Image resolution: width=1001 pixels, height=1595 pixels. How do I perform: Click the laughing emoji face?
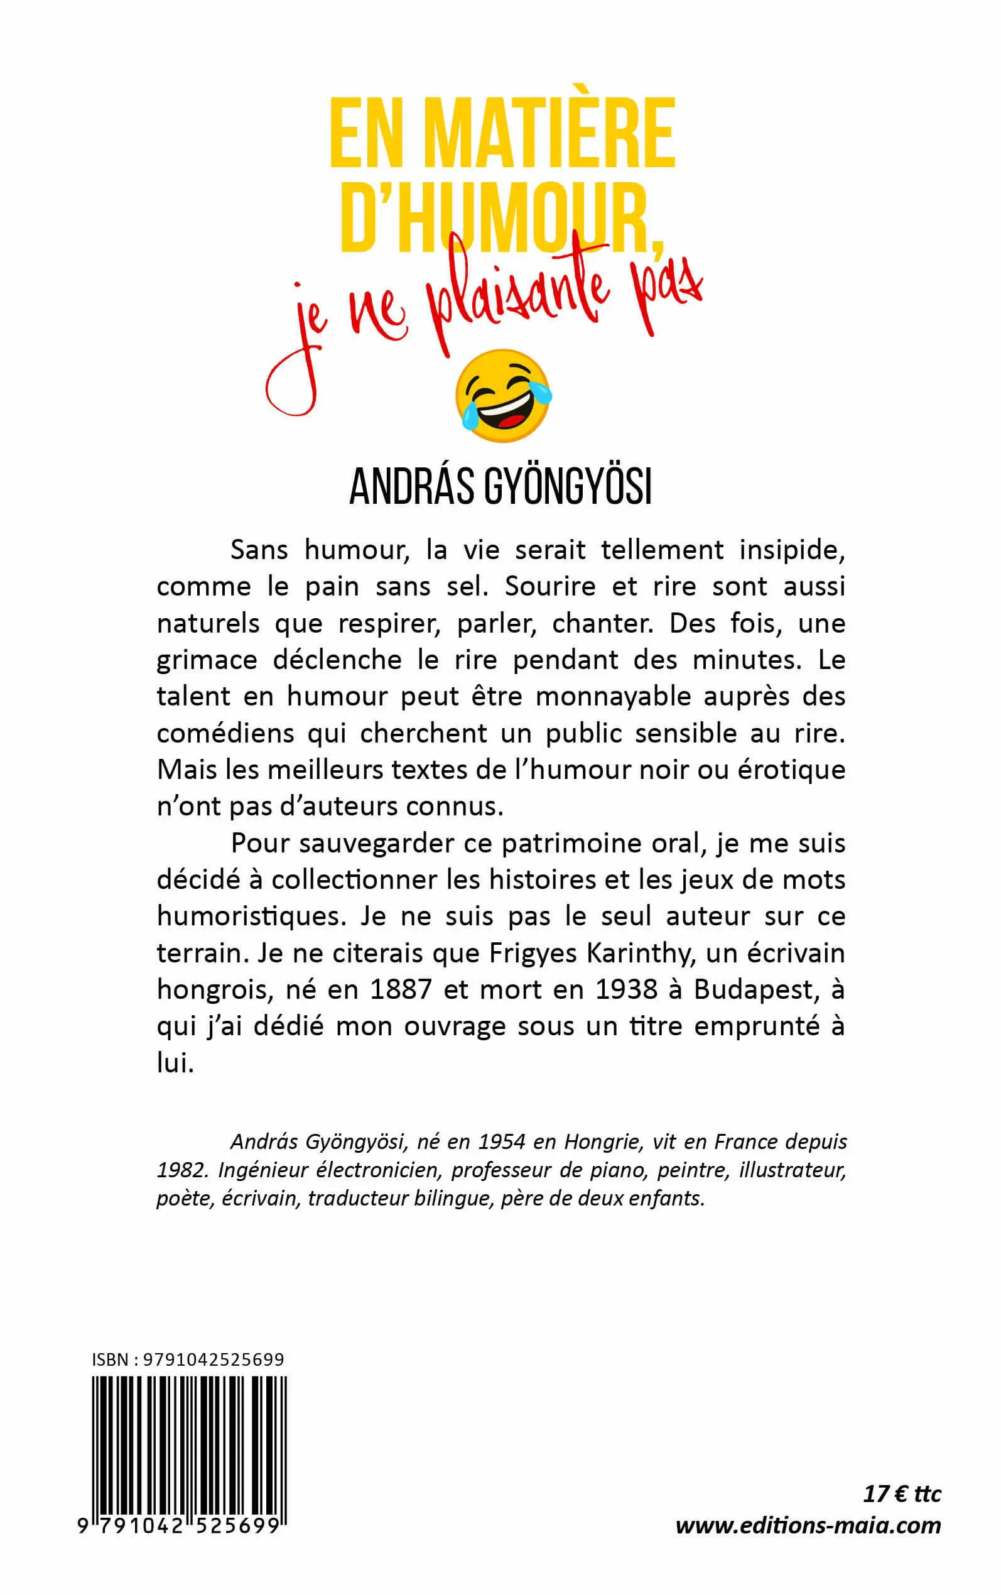coord(503,395)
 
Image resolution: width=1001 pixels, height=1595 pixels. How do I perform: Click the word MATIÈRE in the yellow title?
coord(549,133)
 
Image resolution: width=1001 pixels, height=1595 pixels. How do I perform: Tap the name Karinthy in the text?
coord(642,953)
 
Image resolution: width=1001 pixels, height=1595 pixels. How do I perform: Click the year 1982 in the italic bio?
coord(182,1170)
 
